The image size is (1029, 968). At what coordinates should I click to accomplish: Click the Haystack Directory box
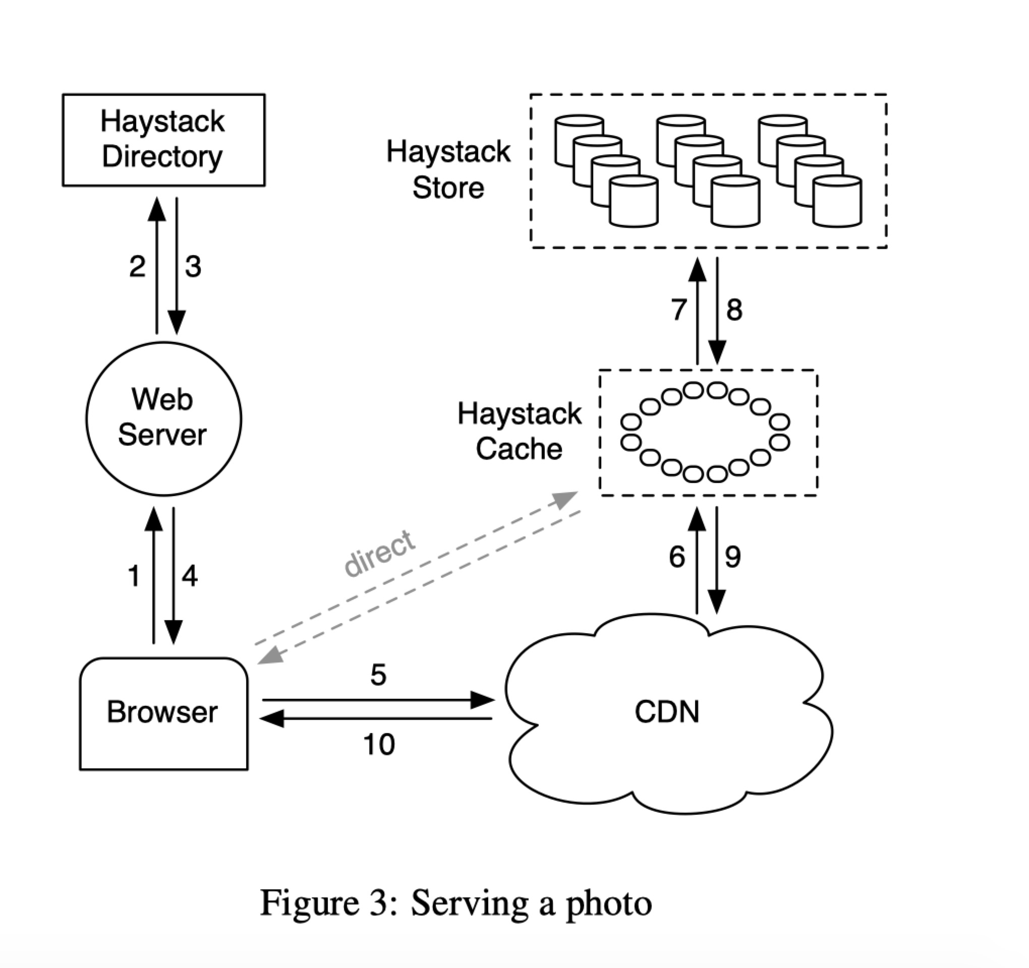pyautogui.click(x=163, y=140)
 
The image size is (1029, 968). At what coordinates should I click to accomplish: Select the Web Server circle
pyautogui.click(x=163, y=418)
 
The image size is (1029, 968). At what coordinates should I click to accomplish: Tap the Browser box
pyautogui.click(x=163, y=713)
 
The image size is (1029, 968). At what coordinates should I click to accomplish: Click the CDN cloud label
pyautogui.click(x=667, y=712)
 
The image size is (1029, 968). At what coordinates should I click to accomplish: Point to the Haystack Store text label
pyautogui.click(x=448, y=170)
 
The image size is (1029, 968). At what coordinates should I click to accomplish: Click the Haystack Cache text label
pyautogui.click(x=519, y=432)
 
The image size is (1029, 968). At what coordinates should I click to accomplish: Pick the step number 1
pyautogui.click(x=134, y=576)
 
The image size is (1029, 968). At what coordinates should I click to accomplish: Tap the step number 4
pyautogui.click(x=190, y=576)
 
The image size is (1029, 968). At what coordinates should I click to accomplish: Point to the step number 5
pyautogui.click(x=378, y=675)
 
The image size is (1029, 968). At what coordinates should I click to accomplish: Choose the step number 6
pyautogui.click(x=677, y=557)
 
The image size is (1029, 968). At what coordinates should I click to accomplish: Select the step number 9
pyautogui.click(x=733, y=557)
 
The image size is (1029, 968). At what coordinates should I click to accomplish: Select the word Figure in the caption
pyautogui.click(x=310, y=903)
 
